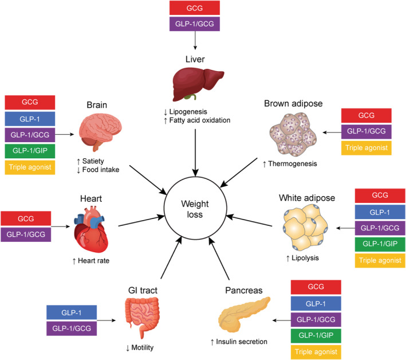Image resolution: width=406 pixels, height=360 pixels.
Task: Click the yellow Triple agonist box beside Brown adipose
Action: click(366, 147)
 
